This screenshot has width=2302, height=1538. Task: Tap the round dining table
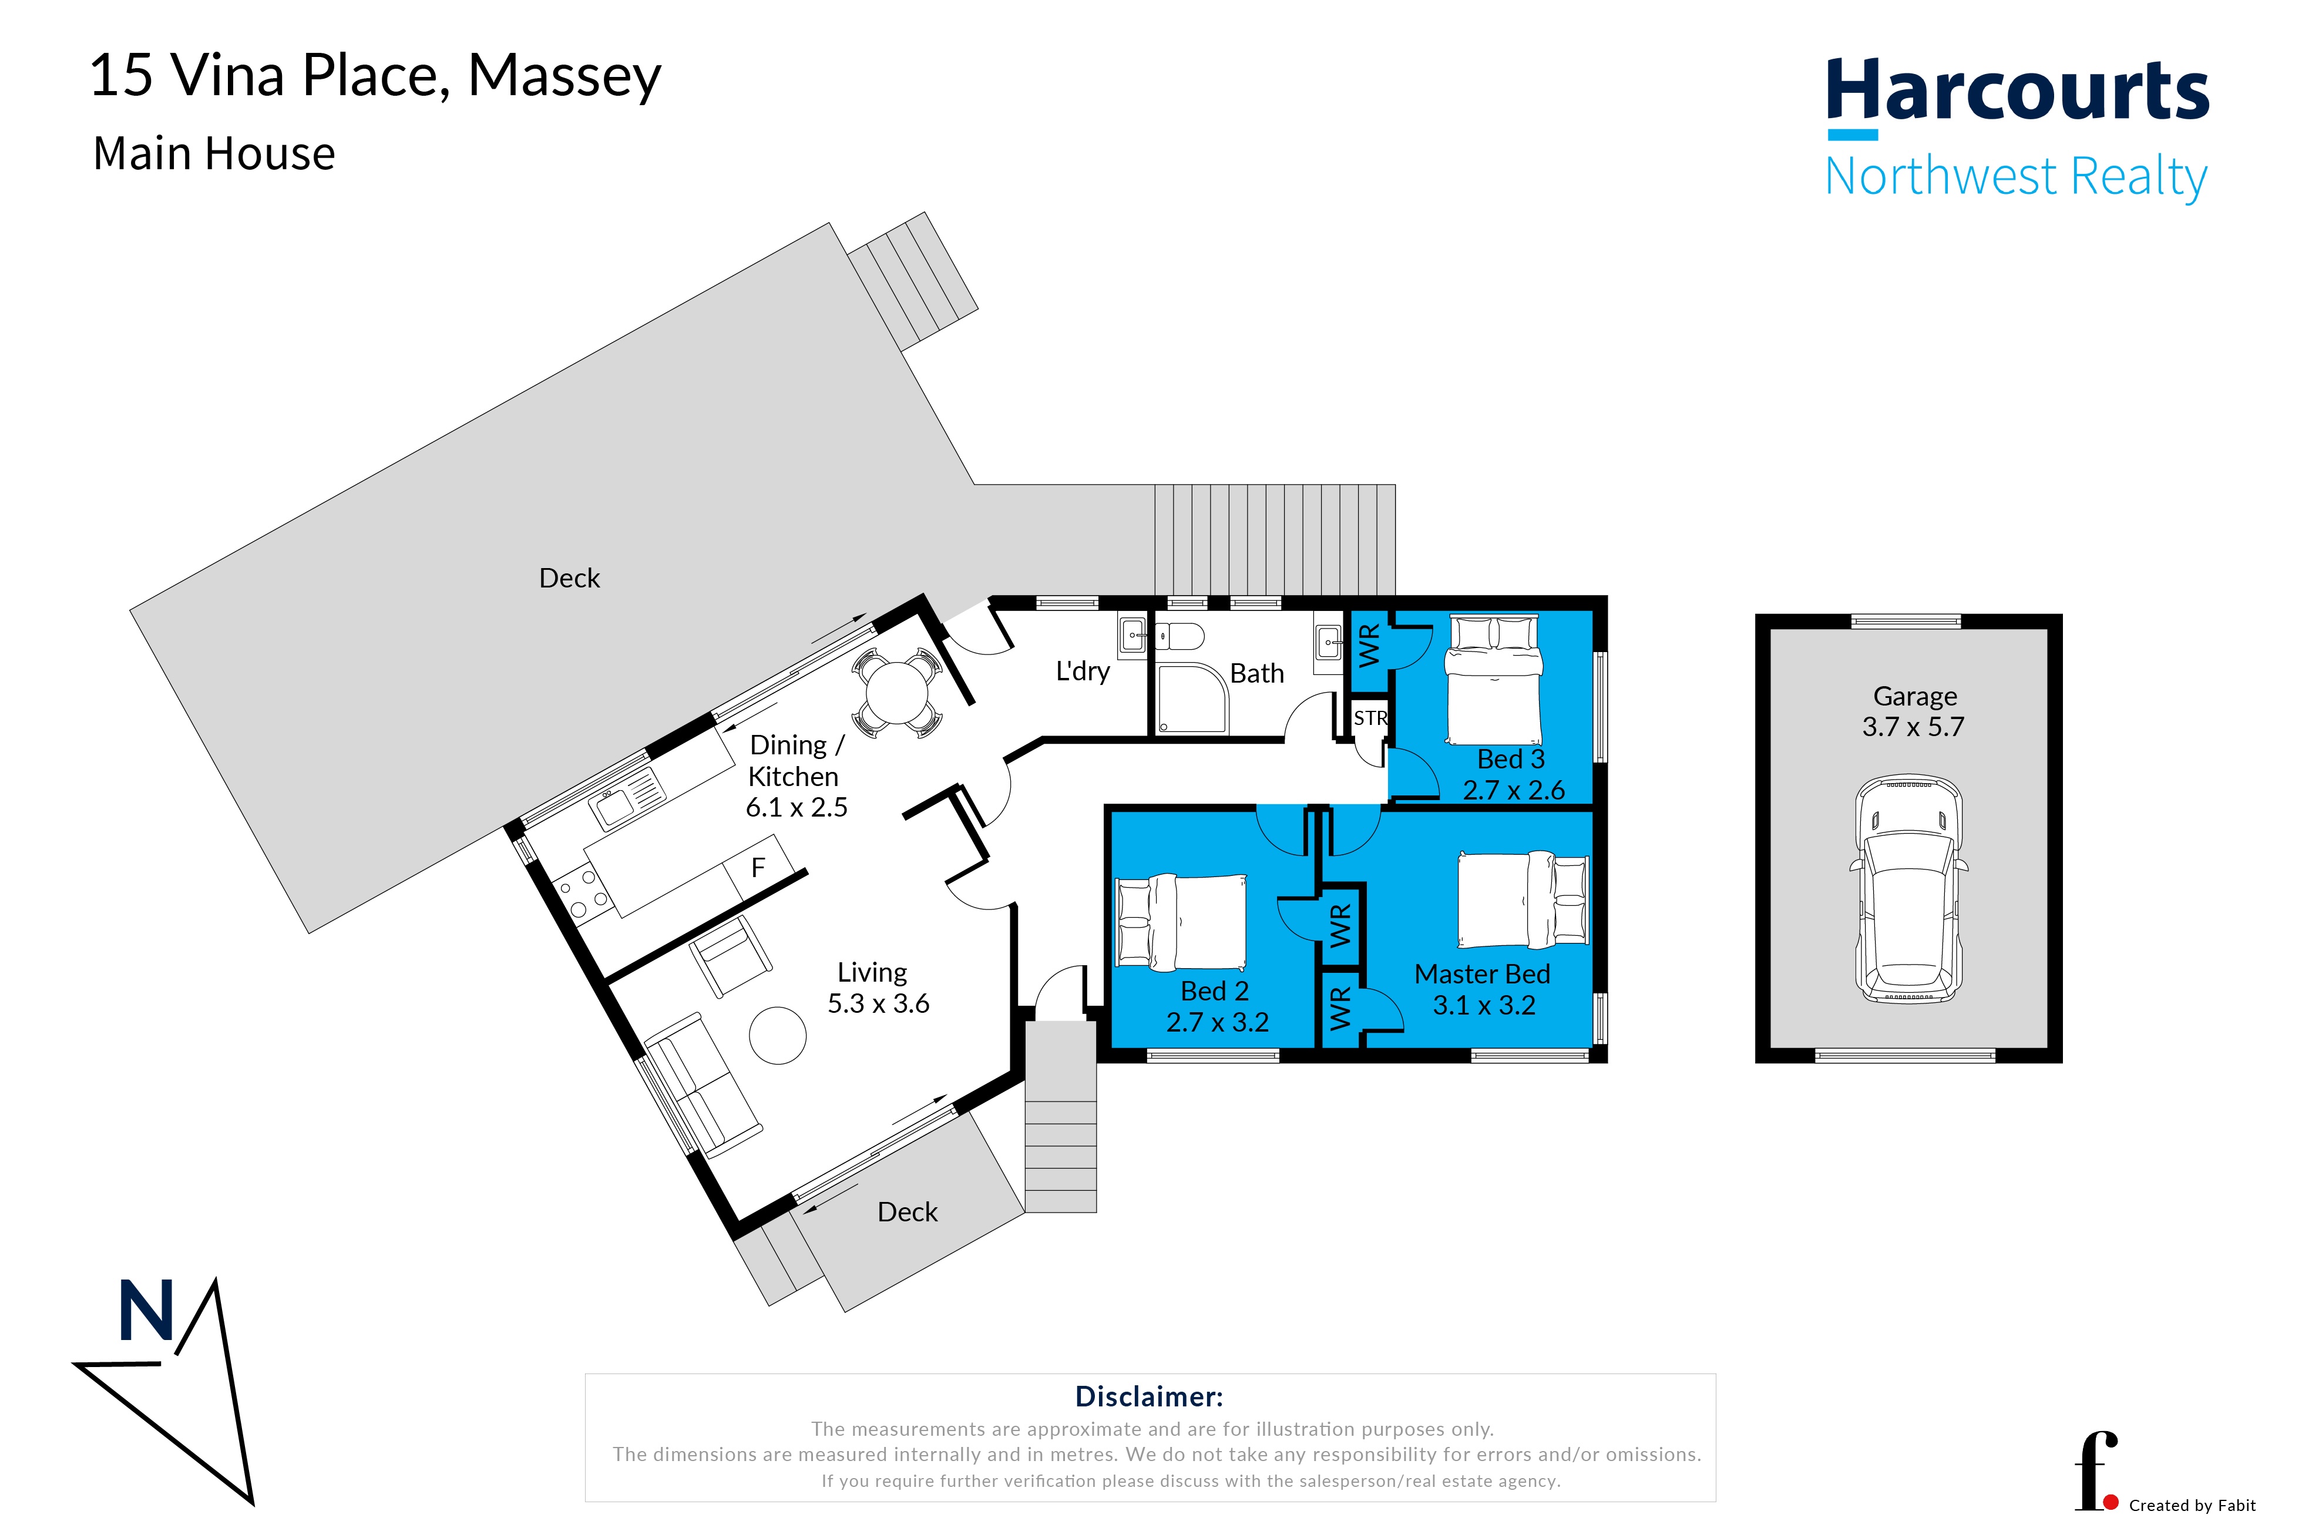[x=896, y=693]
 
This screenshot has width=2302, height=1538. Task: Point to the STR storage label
[x=1370, y=718]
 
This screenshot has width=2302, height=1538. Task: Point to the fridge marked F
[x=758, y=867]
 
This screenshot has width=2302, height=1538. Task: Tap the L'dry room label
[x=1082, y=672]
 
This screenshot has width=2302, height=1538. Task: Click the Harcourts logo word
[x=2018, y=90]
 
